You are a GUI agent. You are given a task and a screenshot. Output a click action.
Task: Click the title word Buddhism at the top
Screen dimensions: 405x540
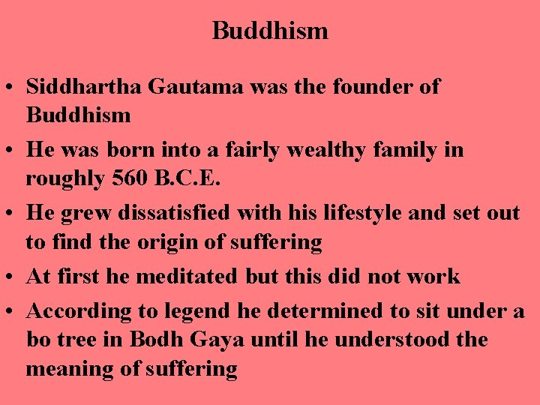pyautogui.click(x=270, y=31)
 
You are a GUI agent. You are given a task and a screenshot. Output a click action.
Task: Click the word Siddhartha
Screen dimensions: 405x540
pyautogui.click(x=84, y=86)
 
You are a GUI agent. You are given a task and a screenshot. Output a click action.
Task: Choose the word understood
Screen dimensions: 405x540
pyautogui.click(x=393, y=340)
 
